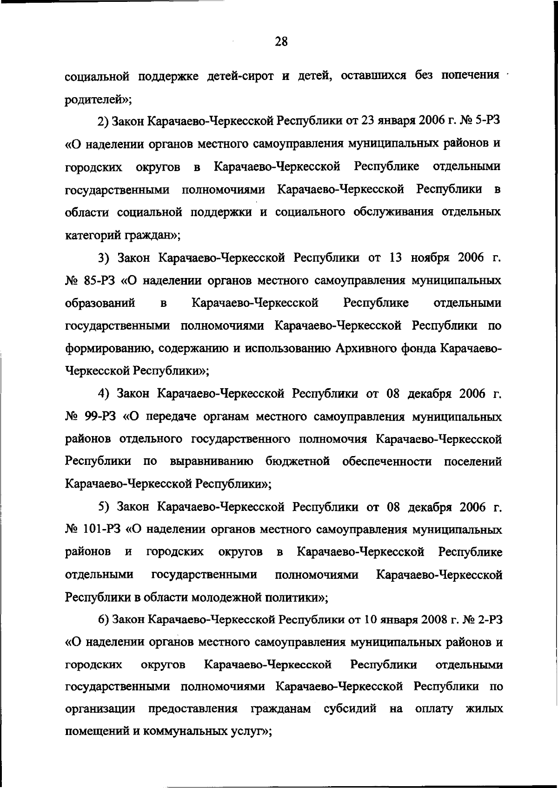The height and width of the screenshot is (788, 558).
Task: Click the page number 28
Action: pos(281,42)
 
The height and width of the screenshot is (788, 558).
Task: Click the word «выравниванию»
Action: pos(212,462)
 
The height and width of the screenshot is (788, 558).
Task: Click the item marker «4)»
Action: pos(105,394)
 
